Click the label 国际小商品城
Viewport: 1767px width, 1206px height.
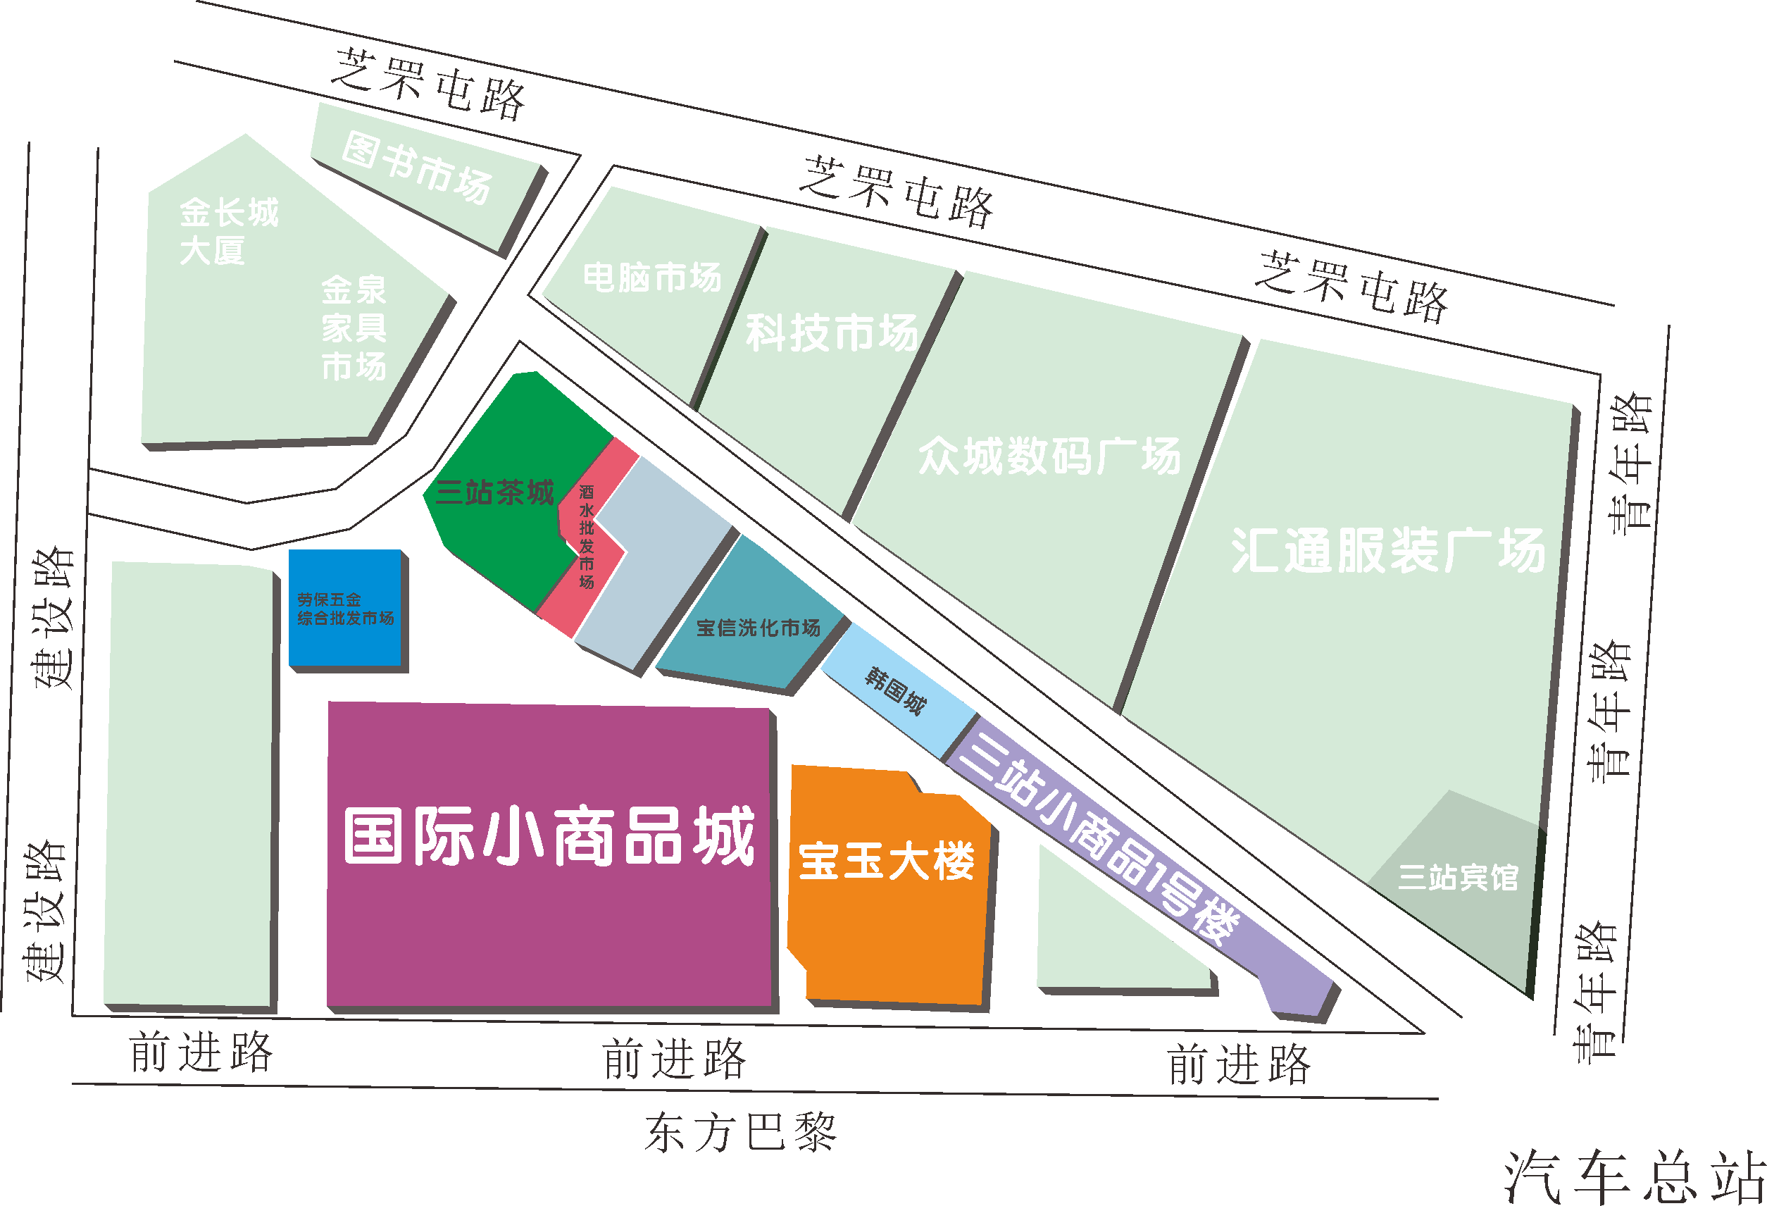pos(549,835)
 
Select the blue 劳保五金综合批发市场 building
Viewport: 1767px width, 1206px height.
pos(345,609)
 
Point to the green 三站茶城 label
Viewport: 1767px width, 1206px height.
pos(495,492)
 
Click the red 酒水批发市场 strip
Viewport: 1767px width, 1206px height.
pos(586,537)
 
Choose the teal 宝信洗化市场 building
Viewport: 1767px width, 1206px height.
pos(758,628)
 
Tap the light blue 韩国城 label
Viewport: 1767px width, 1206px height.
pos(896,690)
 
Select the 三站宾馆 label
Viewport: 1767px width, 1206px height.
pos(1459,878)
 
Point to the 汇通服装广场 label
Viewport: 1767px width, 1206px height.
pos(1387,551)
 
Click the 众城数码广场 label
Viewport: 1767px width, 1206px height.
pos(1049,456)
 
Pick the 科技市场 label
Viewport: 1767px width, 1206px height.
pos(832,333)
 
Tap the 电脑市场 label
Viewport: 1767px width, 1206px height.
pos(652,278)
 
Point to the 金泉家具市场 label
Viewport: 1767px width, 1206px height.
pos(354,328)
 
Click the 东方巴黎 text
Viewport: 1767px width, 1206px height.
pos(741,1132)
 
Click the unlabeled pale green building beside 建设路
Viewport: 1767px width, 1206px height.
pos(190,783)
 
